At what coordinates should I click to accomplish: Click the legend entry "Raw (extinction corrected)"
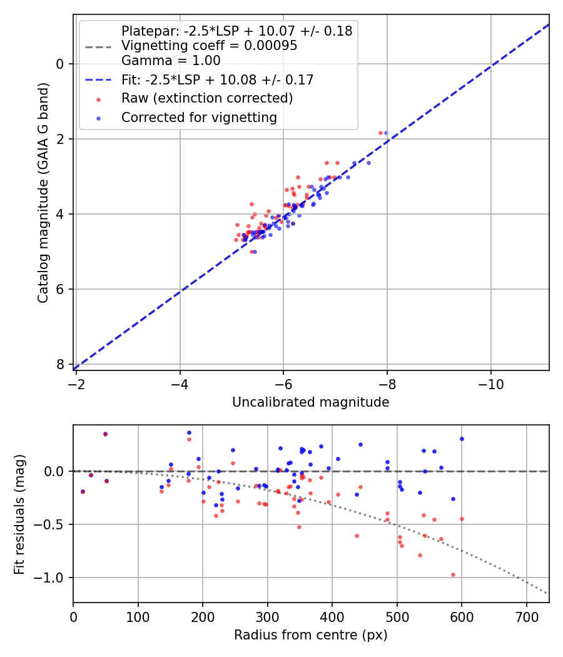[x=207, y=98]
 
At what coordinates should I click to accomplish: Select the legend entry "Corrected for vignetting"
[x=199, y=117]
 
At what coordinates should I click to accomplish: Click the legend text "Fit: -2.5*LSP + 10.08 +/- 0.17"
[x=217, y=79]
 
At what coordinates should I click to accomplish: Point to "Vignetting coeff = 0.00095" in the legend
[x=209, y=46]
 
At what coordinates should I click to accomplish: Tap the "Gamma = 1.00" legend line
[x=171, y=61]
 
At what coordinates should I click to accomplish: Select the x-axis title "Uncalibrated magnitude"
[x=310, y=402]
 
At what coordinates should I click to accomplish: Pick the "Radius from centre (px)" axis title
[x=310, y=635]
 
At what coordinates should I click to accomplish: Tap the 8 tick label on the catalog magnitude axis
[x=60, y=364]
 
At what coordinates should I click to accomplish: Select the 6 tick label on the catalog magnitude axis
[x=60, y=289]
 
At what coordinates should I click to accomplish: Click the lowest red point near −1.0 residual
[x=453, y=574]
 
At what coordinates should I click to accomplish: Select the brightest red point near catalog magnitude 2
[x=380, y=133]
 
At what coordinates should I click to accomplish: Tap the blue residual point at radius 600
[x=462, y=439]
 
